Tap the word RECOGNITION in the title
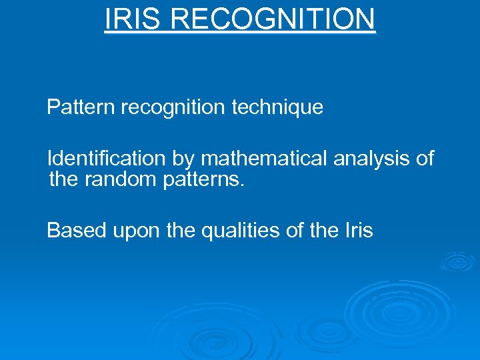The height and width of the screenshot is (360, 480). point(273,19)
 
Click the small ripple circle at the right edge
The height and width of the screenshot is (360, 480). point(457,261)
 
